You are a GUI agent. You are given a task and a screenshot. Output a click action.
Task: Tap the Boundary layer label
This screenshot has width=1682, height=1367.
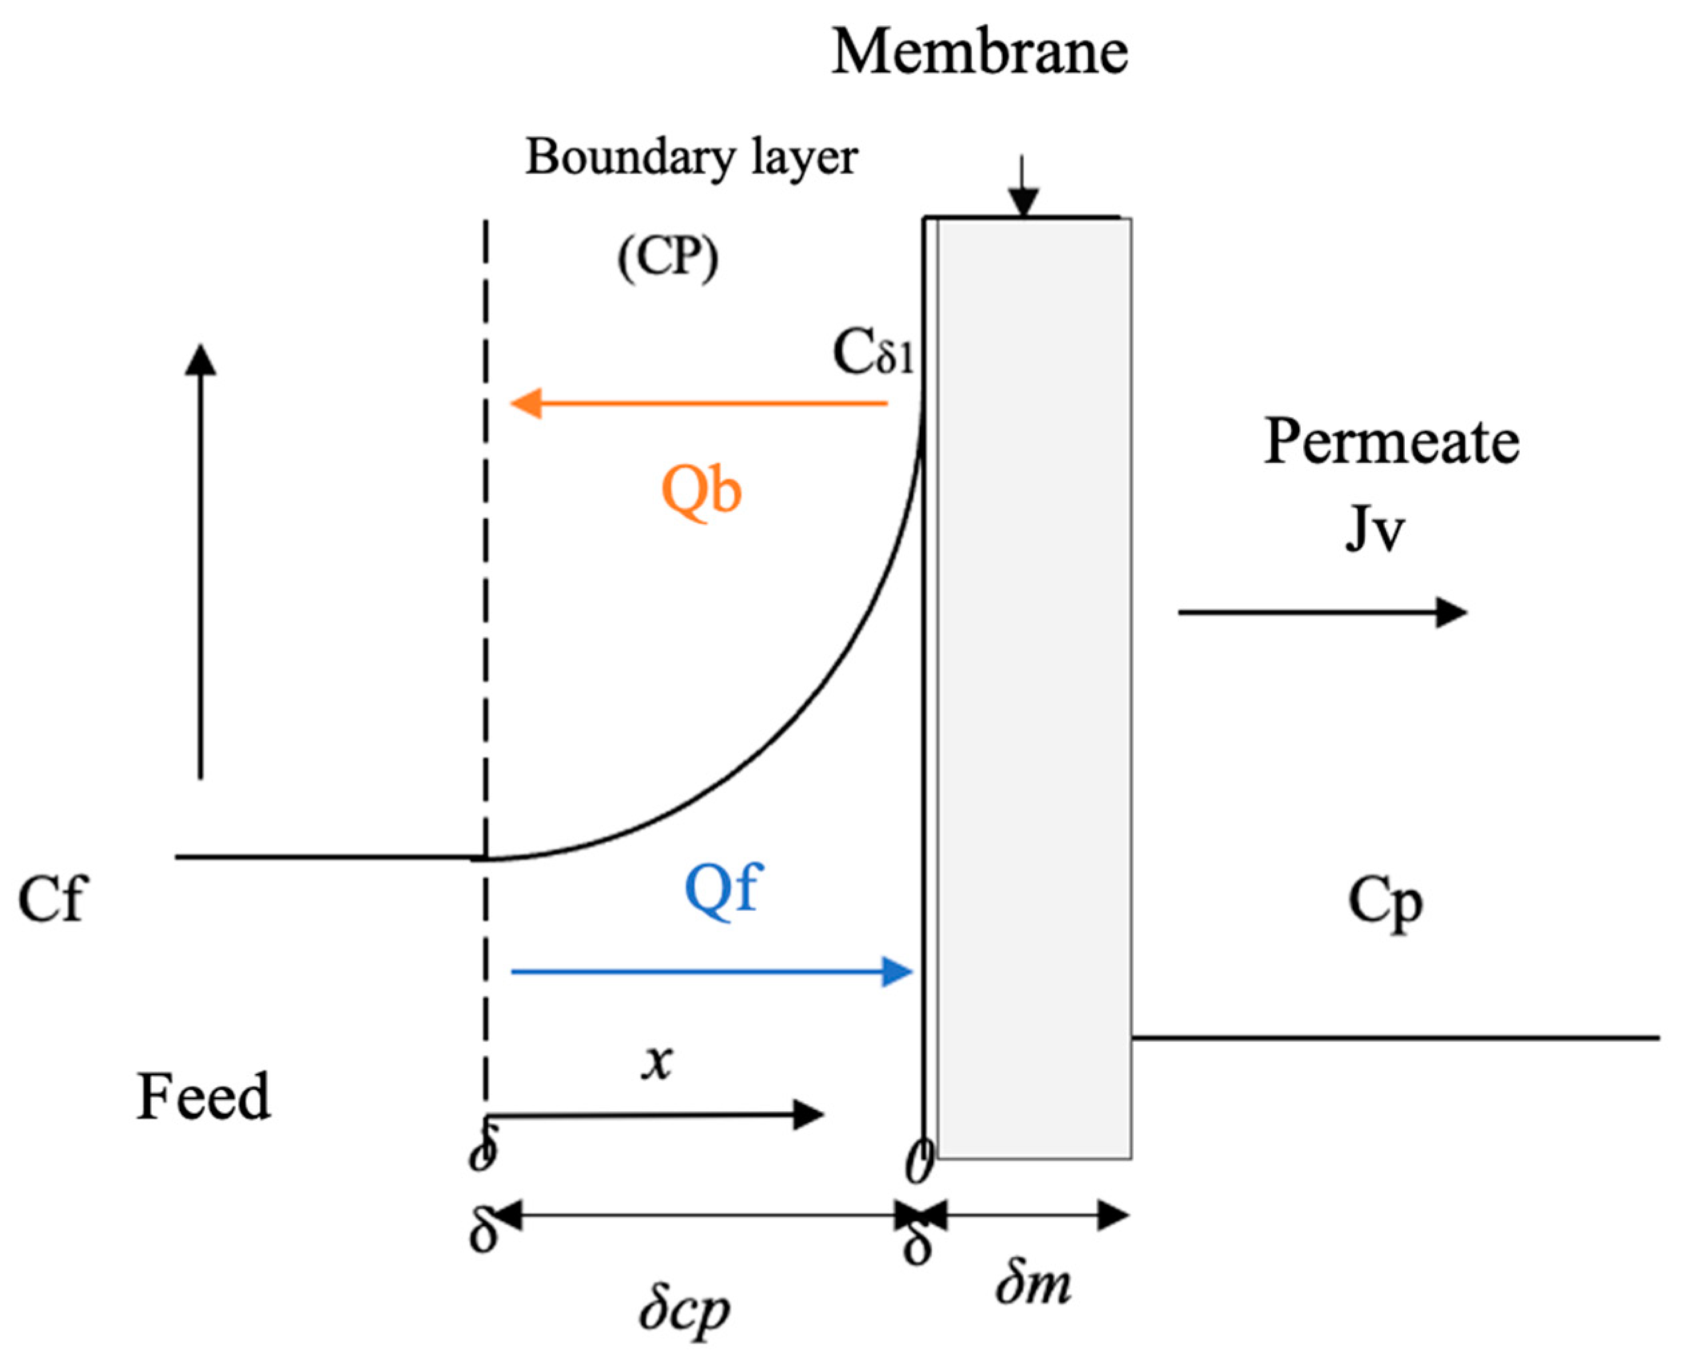coord(691,158)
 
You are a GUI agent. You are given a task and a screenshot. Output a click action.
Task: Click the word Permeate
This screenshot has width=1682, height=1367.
coord(1391,442)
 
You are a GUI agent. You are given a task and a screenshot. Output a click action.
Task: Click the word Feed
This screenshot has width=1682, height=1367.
coord(203,1097)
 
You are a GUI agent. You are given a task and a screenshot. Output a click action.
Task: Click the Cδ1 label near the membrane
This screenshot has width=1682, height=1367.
coord(872,352)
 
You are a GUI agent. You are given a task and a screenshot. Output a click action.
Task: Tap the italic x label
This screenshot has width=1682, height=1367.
coord(657,1062)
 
